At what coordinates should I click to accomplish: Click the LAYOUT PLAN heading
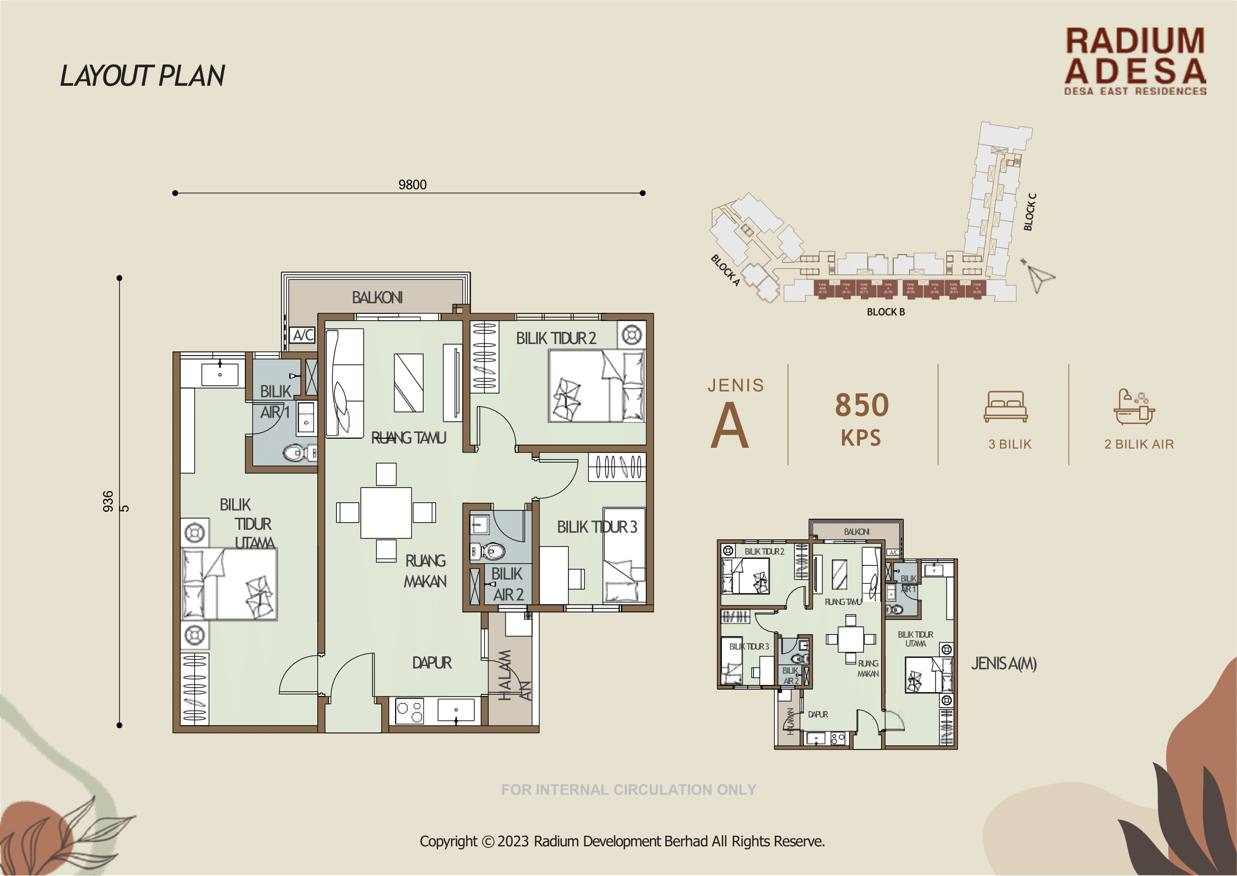coord(142,76)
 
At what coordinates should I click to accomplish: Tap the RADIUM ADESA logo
coord(1134,61)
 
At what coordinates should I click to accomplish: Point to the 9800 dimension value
coord(413,185)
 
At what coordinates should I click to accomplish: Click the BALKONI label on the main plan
coord(377,297)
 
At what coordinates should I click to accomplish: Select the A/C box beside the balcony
coord(303,335)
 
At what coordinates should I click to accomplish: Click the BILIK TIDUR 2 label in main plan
coord(556,338)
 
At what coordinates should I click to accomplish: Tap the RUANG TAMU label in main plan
coord(409,437)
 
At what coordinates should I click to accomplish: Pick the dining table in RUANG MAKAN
coord(386,513)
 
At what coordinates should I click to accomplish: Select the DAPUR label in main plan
coord(432,662)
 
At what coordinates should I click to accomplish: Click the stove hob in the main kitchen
coord(410,710)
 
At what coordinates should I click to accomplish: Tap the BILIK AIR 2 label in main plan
coord(507,584)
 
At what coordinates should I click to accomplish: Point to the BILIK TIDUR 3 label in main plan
coord(597,527)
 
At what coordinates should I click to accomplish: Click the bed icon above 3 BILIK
coord(1005,406)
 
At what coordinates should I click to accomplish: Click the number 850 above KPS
coord(862,405)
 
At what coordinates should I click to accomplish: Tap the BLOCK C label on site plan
coord(1030,212)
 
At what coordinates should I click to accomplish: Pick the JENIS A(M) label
coord(1004,663)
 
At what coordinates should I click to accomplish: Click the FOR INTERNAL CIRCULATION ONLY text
coord(628,790)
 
